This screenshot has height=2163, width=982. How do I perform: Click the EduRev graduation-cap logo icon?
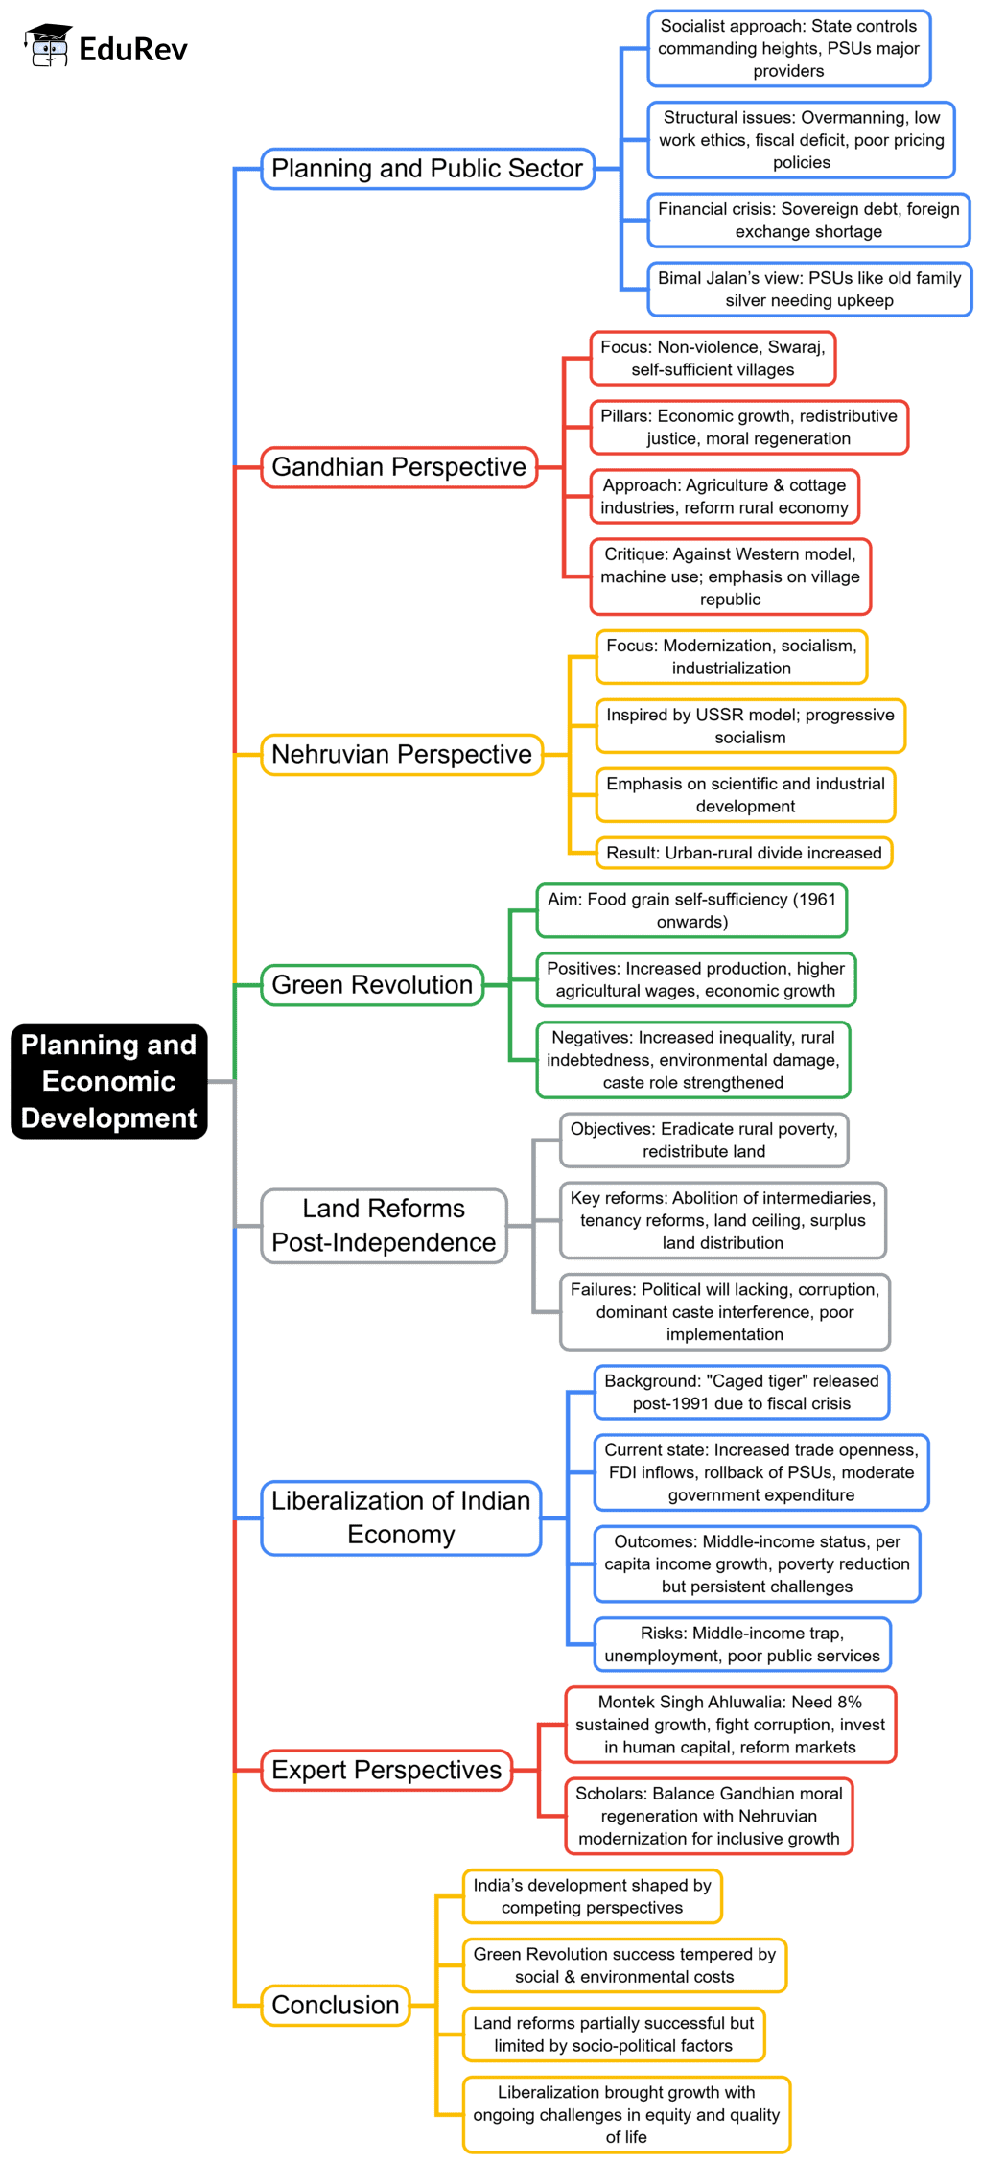[x=48, y=46]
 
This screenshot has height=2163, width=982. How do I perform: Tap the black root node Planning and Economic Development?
[x=108, y=1081]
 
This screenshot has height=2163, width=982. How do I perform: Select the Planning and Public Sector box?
[x=428, y=169]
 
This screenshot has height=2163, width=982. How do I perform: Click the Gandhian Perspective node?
[x=399, y=467]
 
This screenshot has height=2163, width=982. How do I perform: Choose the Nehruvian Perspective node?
[x=402, y=754]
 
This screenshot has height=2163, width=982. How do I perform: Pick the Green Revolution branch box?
[x=372, y=985]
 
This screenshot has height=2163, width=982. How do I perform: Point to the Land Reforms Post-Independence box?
[x=384, y=1226]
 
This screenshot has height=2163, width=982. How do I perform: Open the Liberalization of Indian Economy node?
[x=401, y=1517]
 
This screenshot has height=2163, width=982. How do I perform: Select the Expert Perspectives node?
[x=386, y=1770]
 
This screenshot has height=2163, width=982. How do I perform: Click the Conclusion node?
[x=336, y=2005]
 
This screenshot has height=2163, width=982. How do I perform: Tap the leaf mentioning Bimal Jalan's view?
[x=809, y=290]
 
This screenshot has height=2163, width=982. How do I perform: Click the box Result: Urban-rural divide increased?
[x=743, y=853]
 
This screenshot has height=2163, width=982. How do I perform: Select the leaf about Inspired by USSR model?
[x=750, y=726]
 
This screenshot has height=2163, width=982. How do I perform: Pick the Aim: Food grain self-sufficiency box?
[x=691, y=910]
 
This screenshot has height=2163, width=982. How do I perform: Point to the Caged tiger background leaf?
[x=741, y=1392]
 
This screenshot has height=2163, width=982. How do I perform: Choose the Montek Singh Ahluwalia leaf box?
[x=730, y=1725]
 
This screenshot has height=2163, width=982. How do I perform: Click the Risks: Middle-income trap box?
[x=742, y=1644]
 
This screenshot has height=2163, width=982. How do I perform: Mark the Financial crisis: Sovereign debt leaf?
[x=808, y=221]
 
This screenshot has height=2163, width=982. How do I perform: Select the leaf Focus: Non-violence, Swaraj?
[x=713, y=359]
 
